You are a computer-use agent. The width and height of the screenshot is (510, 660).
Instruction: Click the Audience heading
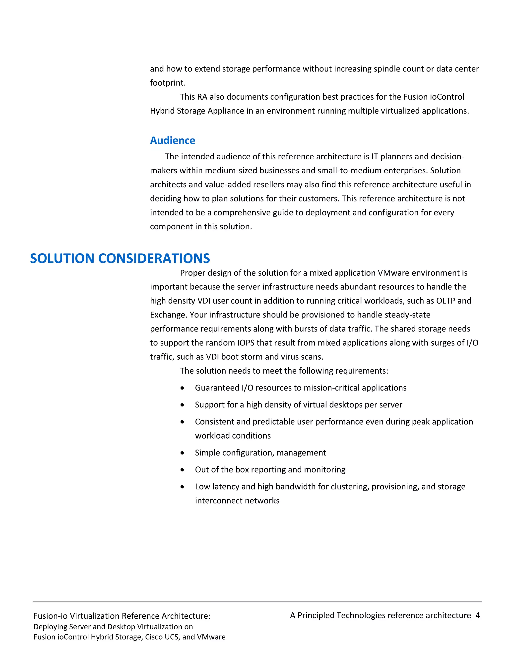click(x=172, y=140)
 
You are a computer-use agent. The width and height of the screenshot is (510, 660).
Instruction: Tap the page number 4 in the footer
click(x=477, y=615)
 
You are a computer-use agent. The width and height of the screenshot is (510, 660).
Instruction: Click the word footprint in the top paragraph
click(x=167, y=83)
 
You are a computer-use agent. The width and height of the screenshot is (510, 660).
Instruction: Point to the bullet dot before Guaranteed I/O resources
click(x=182, y=388)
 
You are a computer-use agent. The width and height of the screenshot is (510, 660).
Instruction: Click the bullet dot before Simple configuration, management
click(x=182, y=453)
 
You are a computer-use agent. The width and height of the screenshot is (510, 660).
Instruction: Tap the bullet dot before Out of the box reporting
click(x=182, y=470)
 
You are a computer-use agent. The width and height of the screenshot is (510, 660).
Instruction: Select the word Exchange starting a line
click(x=169, y=315)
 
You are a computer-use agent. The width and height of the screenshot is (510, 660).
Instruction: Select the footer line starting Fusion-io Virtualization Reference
click(x=122, y=616)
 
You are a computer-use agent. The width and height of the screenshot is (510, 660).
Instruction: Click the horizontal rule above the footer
click(x=257, y=602)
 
